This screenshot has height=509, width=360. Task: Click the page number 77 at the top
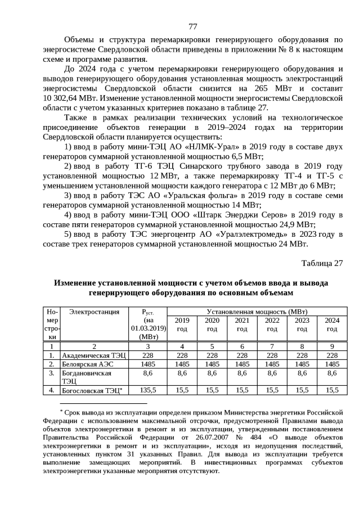coord(192,26)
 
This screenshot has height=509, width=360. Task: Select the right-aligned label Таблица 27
coord(322,263)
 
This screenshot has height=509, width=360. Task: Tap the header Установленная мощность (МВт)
coord(260,312)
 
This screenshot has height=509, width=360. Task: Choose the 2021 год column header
coord(242,324)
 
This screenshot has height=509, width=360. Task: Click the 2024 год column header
coord(332,324)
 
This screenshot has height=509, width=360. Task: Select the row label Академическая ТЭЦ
coord(94,355)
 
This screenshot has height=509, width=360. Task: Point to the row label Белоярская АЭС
coord(90,364)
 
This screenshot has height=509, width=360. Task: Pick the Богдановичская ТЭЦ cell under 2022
coord(272,373)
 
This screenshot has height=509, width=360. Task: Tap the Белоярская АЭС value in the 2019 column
coord(182,364)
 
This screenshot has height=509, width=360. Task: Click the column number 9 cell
coord(332,346)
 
